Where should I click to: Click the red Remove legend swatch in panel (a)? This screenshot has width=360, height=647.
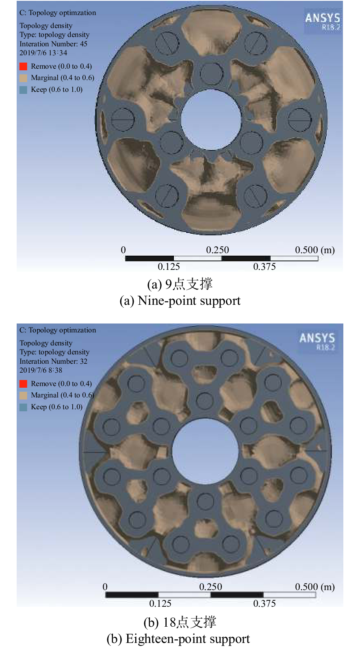[x=24, y=66]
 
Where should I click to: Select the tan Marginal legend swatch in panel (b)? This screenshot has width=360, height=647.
[x=24, y=395]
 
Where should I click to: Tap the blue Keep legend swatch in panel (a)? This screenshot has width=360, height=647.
[x=24, y=90]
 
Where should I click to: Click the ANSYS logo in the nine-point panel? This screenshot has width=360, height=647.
[x=323, y=21]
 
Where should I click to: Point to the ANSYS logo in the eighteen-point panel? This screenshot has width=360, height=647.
[x=317, y=341]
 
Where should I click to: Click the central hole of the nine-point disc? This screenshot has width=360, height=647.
[x=211, y=119]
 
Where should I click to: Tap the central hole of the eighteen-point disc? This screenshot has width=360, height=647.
[x=205, y=451]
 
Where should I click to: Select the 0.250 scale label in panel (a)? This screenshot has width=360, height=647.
[x=217, y=250]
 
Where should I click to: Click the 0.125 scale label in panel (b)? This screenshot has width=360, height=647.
[x=160, y=604]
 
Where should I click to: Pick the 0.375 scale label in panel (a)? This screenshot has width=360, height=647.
[x=265, y=267]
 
